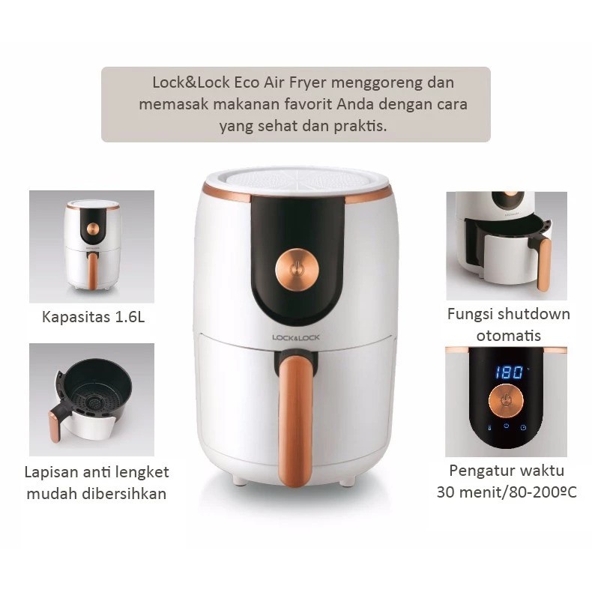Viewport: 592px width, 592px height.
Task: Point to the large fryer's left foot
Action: (x=238, y=479)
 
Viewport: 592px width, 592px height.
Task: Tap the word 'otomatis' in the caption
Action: (x=509, y=335)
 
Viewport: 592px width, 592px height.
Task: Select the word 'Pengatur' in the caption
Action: (x=487, y=471)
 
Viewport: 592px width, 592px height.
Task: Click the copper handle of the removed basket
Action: (x=55, y=426)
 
